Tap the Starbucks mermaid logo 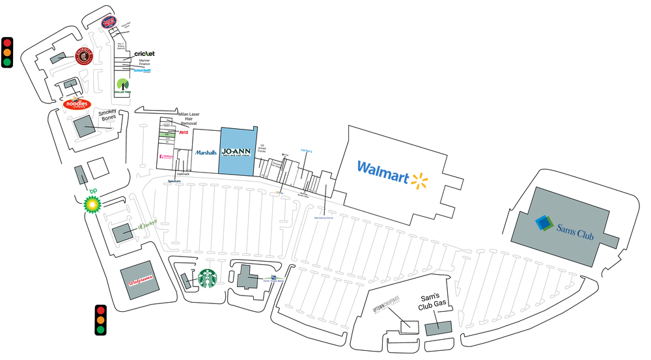point(208,279)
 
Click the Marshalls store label point(206,153)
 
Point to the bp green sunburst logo point(92,204)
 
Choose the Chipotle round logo point(85,57)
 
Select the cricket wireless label point(145,53)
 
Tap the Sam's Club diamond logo point(544,223)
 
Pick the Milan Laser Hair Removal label point(187,118)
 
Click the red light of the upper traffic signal point(8,42)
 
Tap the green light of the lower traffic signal point(100,330)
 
